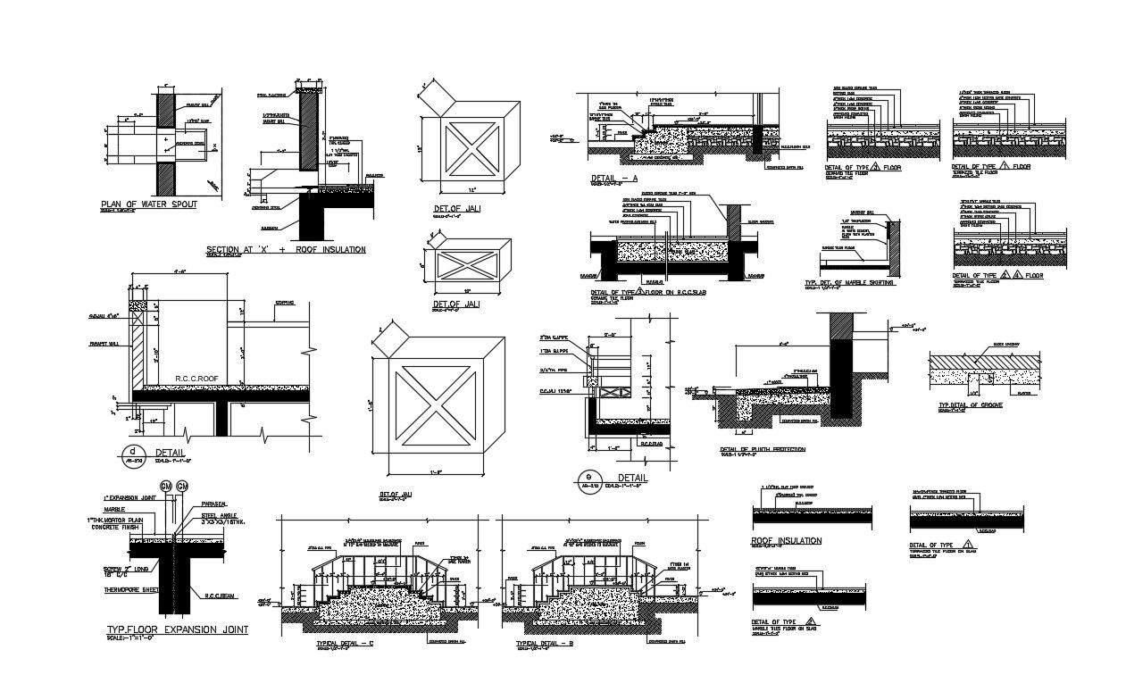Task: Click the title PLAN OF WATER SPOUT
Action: tap(148, 204)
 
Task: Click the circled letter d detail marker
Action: tap(132, 452)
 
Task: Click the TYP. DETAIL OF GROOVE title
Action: tap(970, 405)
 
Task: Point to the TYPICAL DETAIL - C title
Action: tap(345, 643)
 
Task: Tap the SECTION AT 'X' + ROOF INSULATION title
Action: tap(286, 249)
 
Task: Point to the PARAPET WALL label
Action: tap(104, 343)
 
